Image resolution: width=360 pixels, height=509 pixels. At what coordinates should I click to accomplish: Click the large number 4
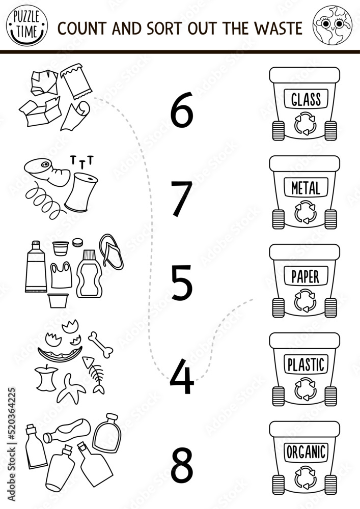coord(181,378)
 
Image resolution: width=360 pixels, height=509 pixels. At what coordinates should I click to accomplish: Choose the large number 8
coord(182,465)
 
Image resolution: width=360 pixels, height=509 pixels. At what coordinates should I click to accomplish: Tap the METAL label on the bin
coord(306,189)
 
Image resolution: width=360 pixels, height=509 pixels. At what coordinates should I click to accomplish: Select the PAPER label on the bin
coord(306,277)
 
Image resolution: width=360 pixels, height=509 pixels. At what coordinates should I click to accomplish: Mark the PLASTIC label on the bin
coord(306,364)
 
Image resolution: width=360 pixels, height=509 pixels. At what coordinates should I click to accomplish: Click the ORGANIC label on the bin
coord(306,452)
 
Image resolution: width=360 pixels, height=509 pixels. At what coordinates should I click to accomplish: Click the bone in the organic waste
coord(100,344)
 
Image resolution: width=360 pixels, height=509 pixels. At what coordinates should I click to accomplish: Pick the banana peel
coord(72,388)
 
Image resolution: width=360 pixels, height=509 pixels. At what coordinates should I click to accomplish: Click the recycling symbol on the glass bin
coord(306,124)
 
